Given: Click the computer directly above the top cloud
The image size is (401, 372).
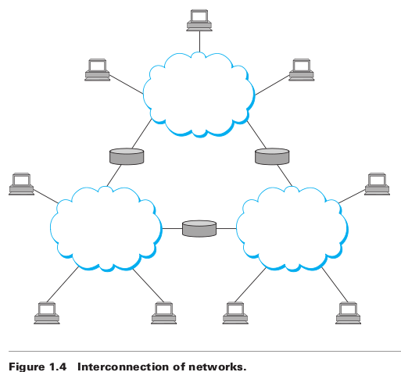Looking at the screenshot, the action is [199, 20].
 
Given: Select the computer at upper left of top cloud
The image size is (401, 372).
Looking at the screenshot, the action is [98, 70].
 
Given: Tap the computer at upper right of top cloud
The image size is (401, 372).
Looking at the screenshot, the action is [302, 70].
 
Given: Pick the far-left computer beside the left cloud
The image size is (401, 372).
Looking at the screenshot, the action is [21, 184].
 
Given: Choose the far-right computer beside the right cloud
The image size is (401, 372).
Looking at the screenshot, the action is [377, 184].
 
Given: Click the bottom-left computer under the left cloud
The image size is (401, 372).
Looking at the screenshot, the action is [47, 313].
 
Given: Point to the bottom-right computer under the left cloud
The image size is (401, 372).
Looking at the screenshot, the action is [164, 313].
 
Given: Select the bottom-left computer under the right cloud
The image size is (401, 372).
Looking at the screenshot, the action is [235, 313].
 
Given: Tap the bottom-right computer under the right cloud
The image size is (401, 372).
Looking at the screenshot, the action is [348, 313].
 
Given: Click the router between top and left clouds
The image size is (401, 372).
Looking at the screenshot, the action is [127, 156].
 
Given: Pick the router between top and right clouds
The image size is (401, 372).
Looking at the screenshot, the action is [272, 156].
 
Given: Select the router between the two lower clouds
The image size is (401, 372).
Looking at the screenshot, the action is [199, 228].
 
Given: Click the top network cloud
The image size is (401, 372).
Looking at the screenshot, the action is [199, 95].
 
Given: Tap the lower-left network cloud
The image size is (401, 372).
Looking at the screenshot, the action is [106, 229].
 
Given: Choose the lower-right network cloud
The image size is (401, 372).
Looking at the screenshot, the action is [292, 229].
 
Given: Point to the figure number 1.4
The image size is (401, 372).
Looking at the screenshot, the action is [58, 367].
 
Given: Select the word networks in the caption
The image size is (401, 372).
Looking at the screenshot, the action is [217, 367].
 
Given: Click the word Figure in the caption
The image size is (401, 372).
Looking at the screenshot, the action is [27, 367].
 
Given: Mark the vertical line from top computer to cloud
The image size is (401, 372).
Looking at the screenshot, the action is [199, 41].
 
